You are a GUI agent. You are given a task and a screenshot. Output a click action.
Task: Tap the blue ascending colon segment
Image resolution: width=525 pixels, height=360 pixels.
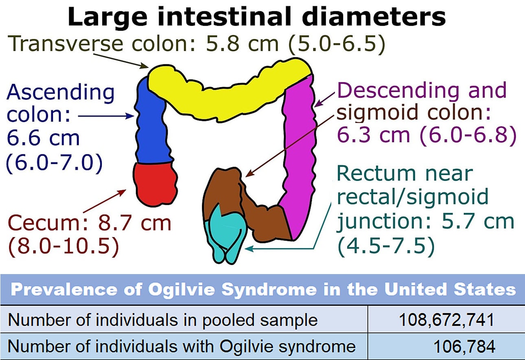[x=151, y=122]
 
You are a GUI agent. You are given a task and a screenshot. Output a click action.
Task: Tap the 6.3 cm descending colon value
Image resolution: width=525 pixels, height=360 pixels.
[x=370, y=135]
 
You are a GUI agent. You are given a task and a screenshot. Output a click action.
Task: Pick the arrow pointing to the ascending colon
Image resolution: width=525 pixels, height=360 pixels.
[x=106, y=116]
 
